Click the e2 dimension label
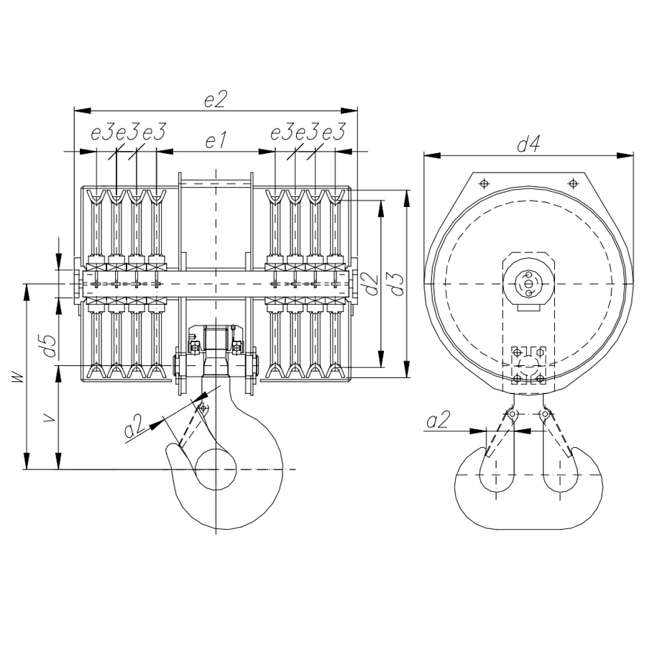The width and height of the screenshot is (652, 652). [x=215, y=99]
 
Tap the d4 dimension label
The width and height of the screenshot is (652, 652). [x=528, y=144]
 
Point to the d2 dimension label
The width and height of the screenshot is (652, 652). [x=372, y=284]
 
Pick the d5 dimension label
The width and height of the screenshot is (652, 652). [x=49, y=346]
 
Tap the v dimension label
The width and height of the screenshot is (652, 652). [x=50, y=418]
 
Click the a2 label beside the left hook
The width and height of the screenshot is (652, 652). [x=135, y=426]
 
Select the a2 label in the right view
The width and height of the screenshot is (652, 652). [x=439, y=421]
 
